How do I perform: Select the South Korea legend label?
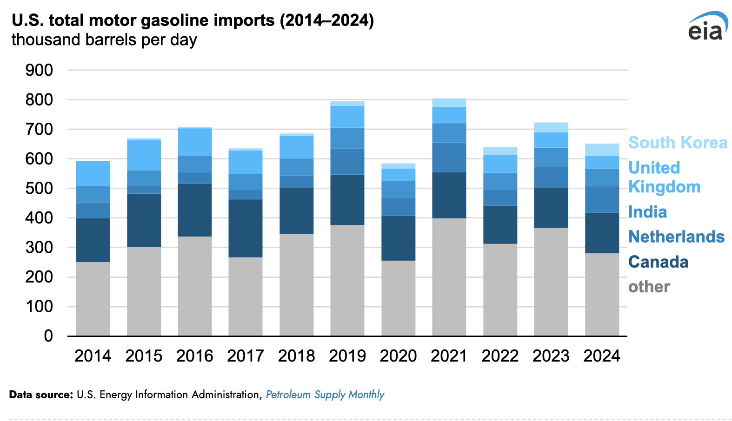678,143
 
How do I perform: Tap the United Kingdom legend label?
664,178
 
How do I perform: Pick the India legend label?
647,212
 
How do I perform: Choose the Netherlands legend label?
676,237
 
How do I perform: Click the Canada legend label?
658,262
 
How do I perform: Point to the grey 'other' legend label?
649,287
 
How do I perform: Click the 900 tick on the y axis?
39,71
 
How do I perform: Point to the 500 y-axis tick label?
39,189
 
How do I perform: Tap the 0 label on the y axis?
48,336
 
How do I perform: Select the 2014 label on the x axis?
93,356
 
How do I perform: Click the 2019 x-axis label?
347,356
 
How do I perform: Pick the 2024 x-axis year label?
602,356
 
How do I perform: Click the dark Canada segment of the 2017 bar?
246,228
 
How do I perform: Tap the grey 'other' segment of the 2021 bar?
449,277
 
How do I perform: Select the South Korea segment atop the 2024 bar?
602,150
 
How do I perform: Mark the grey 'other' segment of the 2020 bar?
398,298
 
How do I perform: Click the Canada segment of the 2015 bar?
144,220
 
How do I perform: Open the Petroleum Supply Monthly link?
325,395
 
